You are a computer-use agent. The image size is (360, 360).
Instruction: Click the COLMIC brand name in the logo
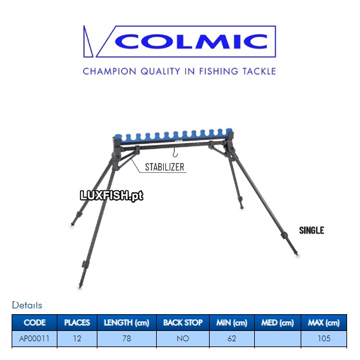tap(191, 41)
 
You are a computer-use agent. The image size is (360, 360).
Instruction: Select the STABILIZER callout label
tap(165, 167)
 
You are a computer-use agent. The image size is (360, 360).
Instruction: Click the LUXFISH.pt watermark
tap(112, 196)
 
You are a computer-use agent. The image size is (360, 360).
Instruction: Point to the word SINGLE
tap(312, 230)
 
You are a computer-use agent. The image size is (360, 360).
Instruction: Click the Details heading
tap(27, 305)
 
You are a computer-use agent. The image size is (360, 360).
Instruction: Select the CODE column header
tap(35, 323)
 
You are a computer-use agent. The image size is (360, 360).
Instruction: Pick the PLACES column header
tap(77, 323)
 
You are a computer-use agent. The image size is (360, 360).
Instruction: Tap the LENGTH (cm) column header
tap(126, 323)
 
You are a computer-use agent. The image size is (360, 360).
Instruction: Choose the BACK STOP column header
tap(183, 323)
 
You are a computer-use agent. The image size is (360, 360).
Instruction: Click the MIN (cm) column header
tap(232, 323)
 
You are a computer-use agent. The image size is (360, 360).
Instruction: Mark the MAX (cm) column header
tap(324, 323)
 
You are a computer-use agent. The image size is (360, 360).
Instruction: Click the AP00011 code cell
tap(34, 339)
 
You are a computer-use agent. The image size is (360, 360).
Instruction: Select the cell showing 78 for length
tap(126, 339)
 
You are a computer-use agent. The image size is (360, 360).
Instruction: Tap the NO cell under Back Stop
tap(183, 339)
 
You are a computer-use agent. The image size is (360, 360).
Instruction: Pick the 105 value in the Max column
tap(324, 339)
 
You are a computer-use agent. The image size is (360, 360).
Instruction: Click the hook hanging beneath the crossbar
tap(175, 153)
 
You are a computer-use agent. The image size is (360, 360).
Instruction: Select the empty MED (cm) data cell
tap(277, 339)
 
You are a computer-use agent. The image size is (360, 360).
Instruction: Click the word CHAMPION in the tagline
tap(110, 72)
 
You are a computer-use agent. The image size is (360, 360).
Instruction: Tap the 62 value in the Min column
tap(232, 339)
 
